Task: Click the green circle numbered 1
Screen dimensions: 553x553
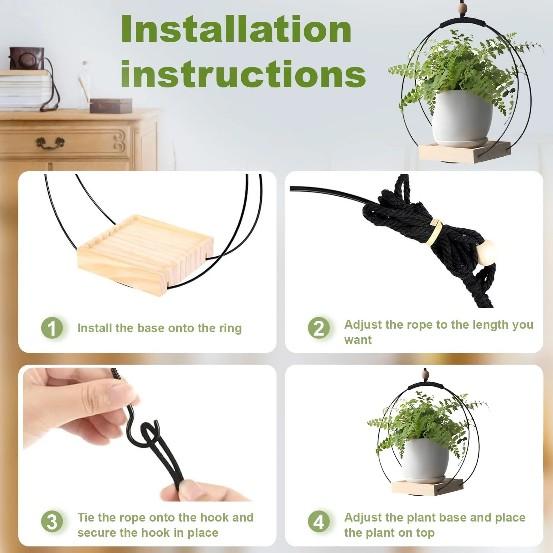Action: pyautogui.click(x=52, y=328)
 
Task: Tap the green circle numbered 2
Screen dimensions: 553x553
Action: pyautogui.click(x=319, y=328)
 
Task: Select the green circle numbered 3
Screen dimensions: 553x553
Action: pyautogui.click(x=52, y=522)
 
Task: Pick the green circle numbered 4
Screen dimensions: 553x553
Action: pyautogui.click(x=319, y=522)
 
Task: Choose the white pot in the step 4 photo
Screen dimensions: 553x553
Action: pyautogui.click(x=427, y=460)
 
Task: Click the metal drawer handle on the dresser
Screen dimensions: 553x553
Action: pyautogui.click(x=50, y=143)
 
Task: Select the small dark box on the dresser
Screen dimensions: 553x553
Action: pyautogui.click(x=111, y=105)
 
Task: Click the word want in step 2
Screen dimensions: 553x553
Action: pyautogui.click(x=358, y=340)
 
